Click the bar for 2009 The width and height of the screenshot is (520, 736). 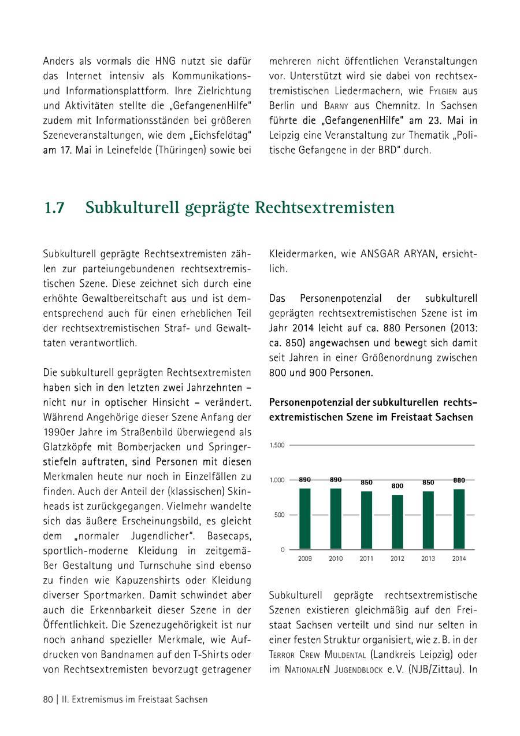coord(304,519)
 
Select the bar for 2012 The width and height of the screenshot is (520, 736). coord(397,522)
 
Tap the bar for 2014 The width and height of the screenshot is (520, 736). coord(459,519)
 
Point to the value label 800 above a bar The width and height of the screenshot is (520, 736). coord(397,486)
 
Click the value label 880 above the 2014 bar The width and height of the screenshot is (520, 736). coord(459,480)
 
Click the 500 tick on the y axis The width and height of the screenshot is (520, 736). coord(279,515)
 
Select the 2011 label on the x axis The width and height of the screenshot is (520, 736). coord(366,559)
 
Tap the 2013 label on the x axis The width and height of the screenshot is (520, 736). coord(428,559)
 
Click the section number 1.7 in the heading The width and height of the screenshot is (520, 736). coord(54,208)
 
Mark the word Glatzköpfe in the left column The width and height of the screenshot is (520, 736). coord(68,447)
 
